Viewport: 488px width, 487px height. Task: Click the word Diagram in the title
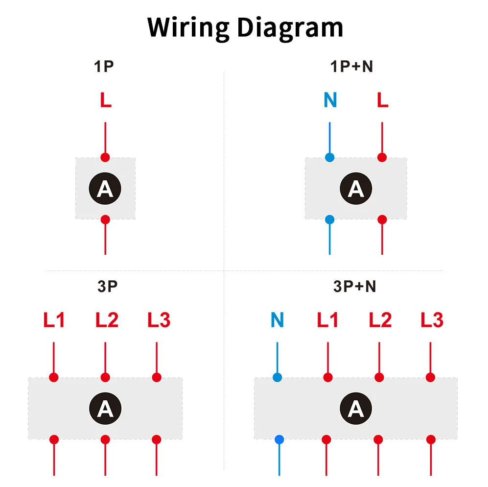click(290, 28)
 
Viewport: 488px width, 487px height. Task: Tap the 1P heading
click(104, 66)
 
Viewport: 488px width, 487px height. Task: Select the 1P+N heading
click(352, 66)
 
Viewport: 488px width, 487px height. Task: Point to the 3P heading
click(107, 286)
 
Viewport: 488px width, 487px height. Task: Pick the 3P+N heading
click(354, 286)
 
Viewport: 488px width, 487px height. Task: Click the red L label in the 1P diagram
click(106, 100)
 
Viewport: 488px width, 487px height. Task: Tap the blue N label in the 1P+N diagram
click(330, 100)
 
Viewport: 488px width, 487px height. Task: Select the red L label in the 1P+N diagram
click(382, 100)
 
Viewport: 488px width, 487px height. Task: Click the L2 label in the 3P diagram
click(107, 319)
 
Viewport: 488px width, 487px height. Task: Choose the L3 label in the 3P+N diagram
click(432, 319)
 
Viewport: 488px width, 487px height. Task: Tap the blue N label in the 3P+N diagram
click(278, 319)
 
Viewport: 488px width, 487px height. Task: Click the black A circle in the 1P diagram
click(105, 189)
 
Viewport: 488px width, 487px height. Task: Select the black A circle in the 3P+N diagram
click(356, 408)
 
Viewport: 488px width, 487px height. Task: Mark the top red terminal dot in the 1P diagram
click(105, 157)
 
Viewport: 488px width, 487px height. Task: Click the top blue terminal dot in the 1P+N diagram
click(329, 157)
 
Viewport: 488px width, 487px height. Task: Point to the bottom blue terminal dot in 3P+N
click(279, 439)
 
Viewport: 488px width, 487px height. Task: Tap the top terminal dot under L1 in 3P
click(54, 377)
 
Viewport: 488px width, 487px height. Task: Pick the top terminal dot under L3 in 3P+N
click(430, 377)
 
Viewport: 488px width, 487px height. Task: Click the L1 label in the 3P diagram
click(54, 319)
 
